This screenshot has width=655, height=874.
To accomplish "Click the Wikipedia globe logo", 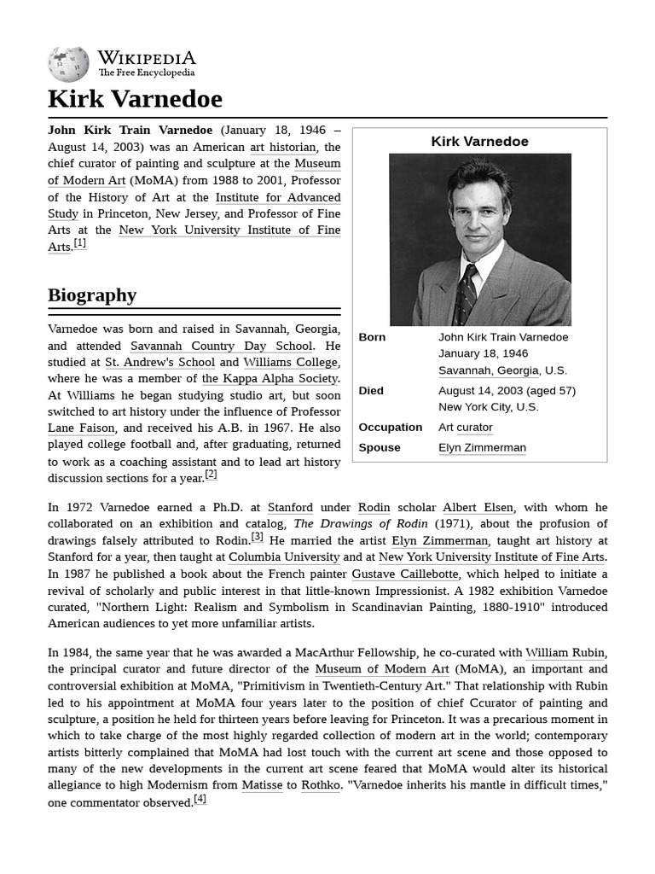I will click(x=68, y=64).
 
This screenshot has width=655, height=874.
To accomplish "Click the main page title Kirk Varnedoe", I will click(x=135, y=99).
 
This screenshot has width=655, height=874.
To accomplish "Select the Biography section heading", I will click(x=92, y=295).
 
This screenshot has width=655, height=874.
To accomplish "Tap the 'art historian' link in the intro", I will click(x=282, y=147).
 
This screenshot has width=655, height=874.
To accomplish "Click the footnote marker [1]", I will click(x=79, y=243).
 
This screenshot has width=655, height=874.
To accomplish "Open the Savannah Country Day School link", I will click(x=221, y=346).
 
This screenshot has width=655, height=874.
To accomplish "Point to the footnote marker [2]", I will click(x=211, y=475).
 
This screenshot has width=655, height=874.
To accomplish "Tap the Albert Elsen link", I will click(x=478, y=508).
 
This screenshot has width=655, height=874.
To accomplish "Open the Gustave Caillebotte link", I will click(x=405, y=574).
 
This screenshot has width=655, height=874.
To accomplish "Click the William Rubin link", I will click(x=565, y=653).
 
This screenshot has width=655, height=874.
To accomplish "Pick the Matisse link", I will click(x=262, y=785).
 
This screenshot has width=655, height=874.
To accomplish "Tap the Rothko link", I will click(x=320, y=785).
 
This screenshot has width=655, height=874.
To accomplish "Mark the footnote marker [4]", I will click(x=200, y=800).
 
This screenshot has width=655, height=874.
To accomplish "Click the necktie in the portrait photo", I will click(x=467, y=294).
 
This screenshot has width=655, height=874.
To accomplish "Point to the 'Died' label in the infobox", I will click(x=371, y=391).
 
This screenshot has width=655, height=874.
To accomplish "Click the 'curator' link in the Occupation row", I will click(x=474, y=428).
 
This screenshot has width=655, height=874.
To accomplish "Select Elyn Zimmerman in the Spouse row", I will click(x=482, y=448).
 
